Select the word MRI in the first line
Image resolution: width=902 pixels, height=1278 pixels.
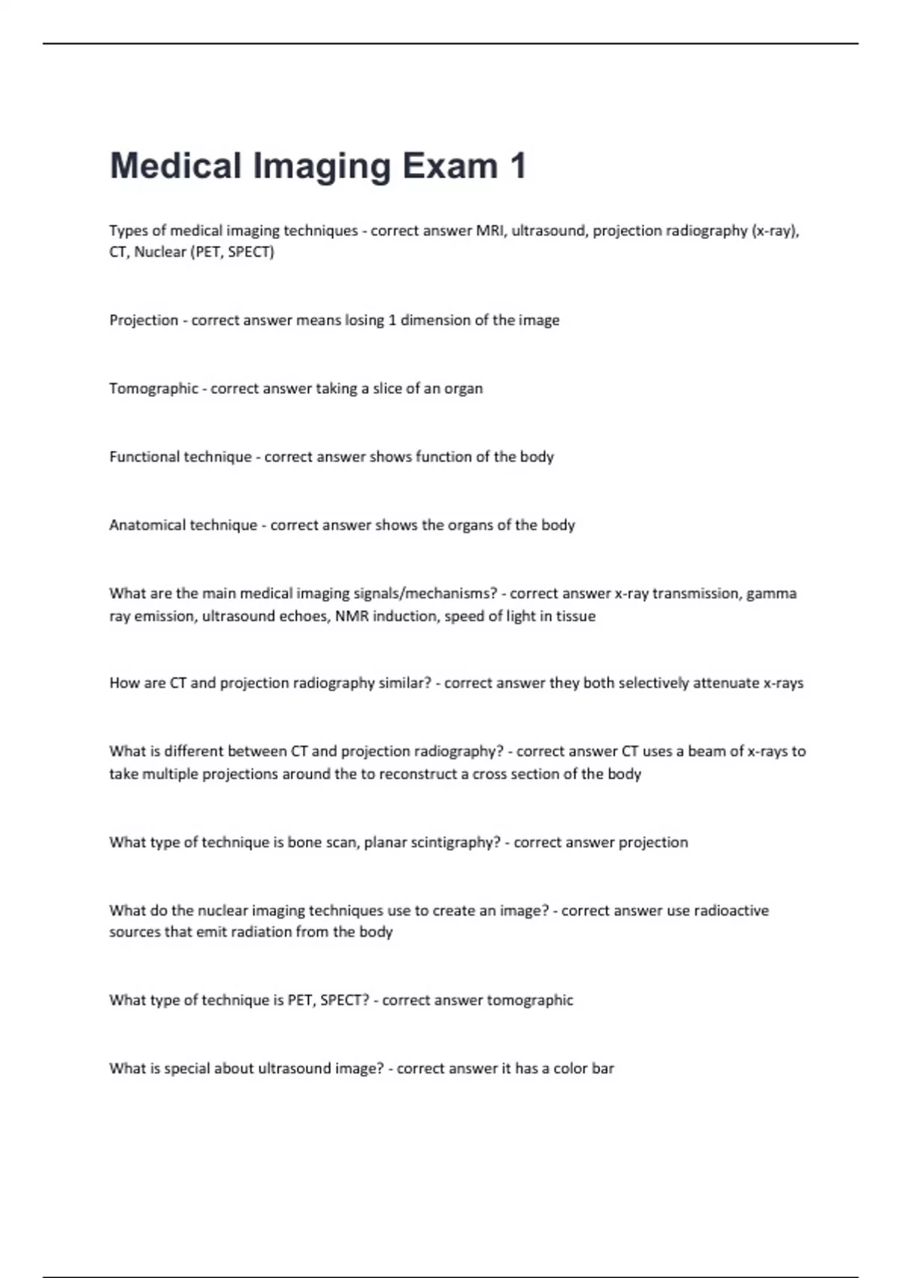[x=491, y=231]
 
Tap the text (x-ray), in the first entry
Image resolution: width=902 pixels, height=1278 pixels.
[x=775, y=231]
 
